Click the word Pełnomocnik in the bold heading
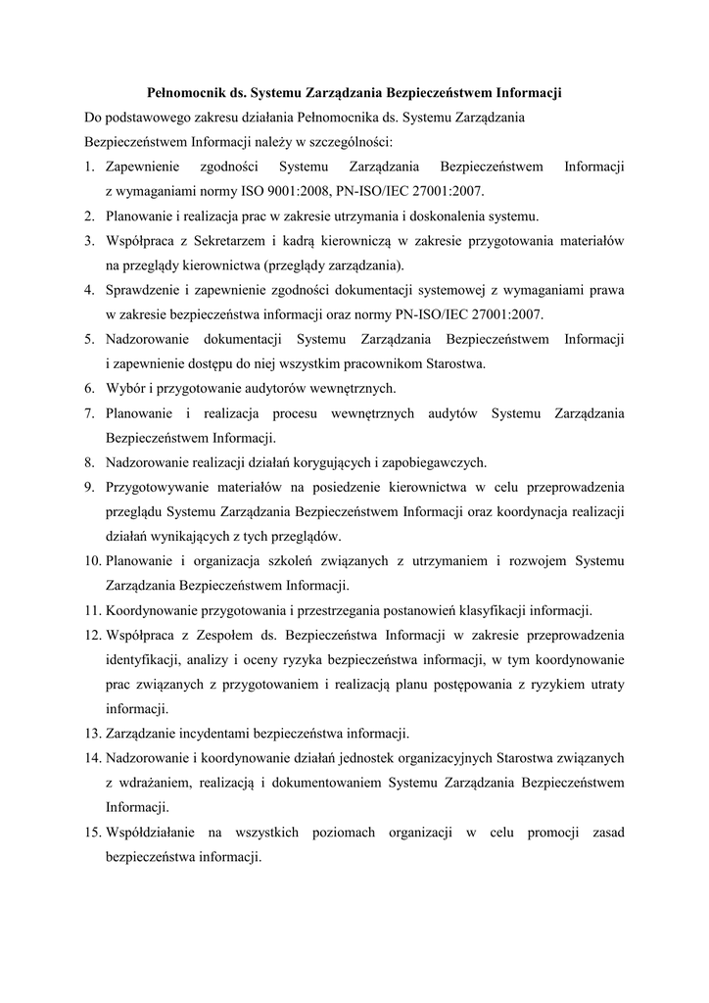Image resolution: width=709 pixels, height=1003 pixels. (185, 94)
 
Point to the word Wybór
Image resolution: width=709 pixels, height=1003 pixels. (126, 388)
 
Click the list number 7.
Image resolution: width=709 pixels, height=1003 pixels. (88, 413)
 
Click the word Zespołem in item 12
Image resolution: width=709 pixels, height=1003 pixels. (220, 635)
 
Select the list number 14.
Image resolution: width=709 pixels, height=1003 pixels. (92, 758)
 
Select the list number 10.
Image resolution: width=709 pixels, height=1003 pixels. (92, 561)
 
